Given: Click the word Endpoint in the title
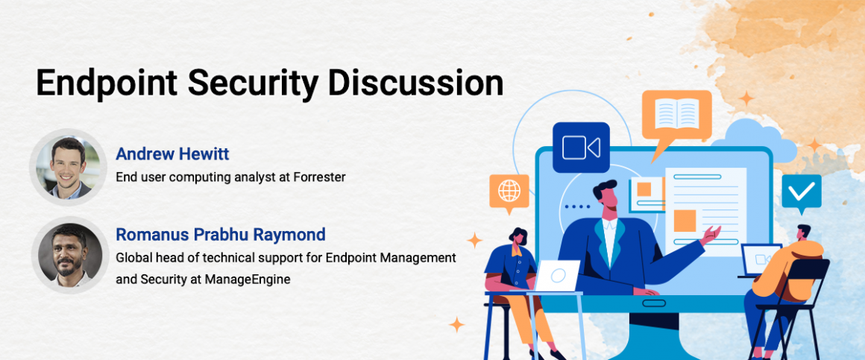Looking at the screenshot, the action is pos(107,84).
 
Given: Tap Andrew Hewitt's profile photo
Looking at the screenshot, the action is pos(68,167).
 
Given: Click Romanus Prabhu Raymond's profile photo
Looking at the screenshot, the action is pos(68,255).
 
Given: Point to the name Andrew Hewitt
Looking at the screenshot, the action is pos(172,154).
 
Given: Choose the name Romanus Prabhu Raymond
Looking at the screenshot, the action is pos(220,234).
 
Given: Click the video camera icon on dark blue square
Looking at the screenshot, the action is pos(581,147).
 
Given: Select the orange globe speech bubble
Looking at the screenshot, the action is pos(509,192).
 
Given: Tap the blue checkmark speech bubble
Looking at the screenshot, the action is pos(802,193).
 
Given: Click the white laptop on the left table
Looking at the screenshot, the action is pos(558,276).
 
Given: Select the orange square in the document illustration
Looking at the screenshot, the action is pos(685,221).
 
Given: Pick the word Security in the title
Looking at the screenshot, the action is pos(253,84).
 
